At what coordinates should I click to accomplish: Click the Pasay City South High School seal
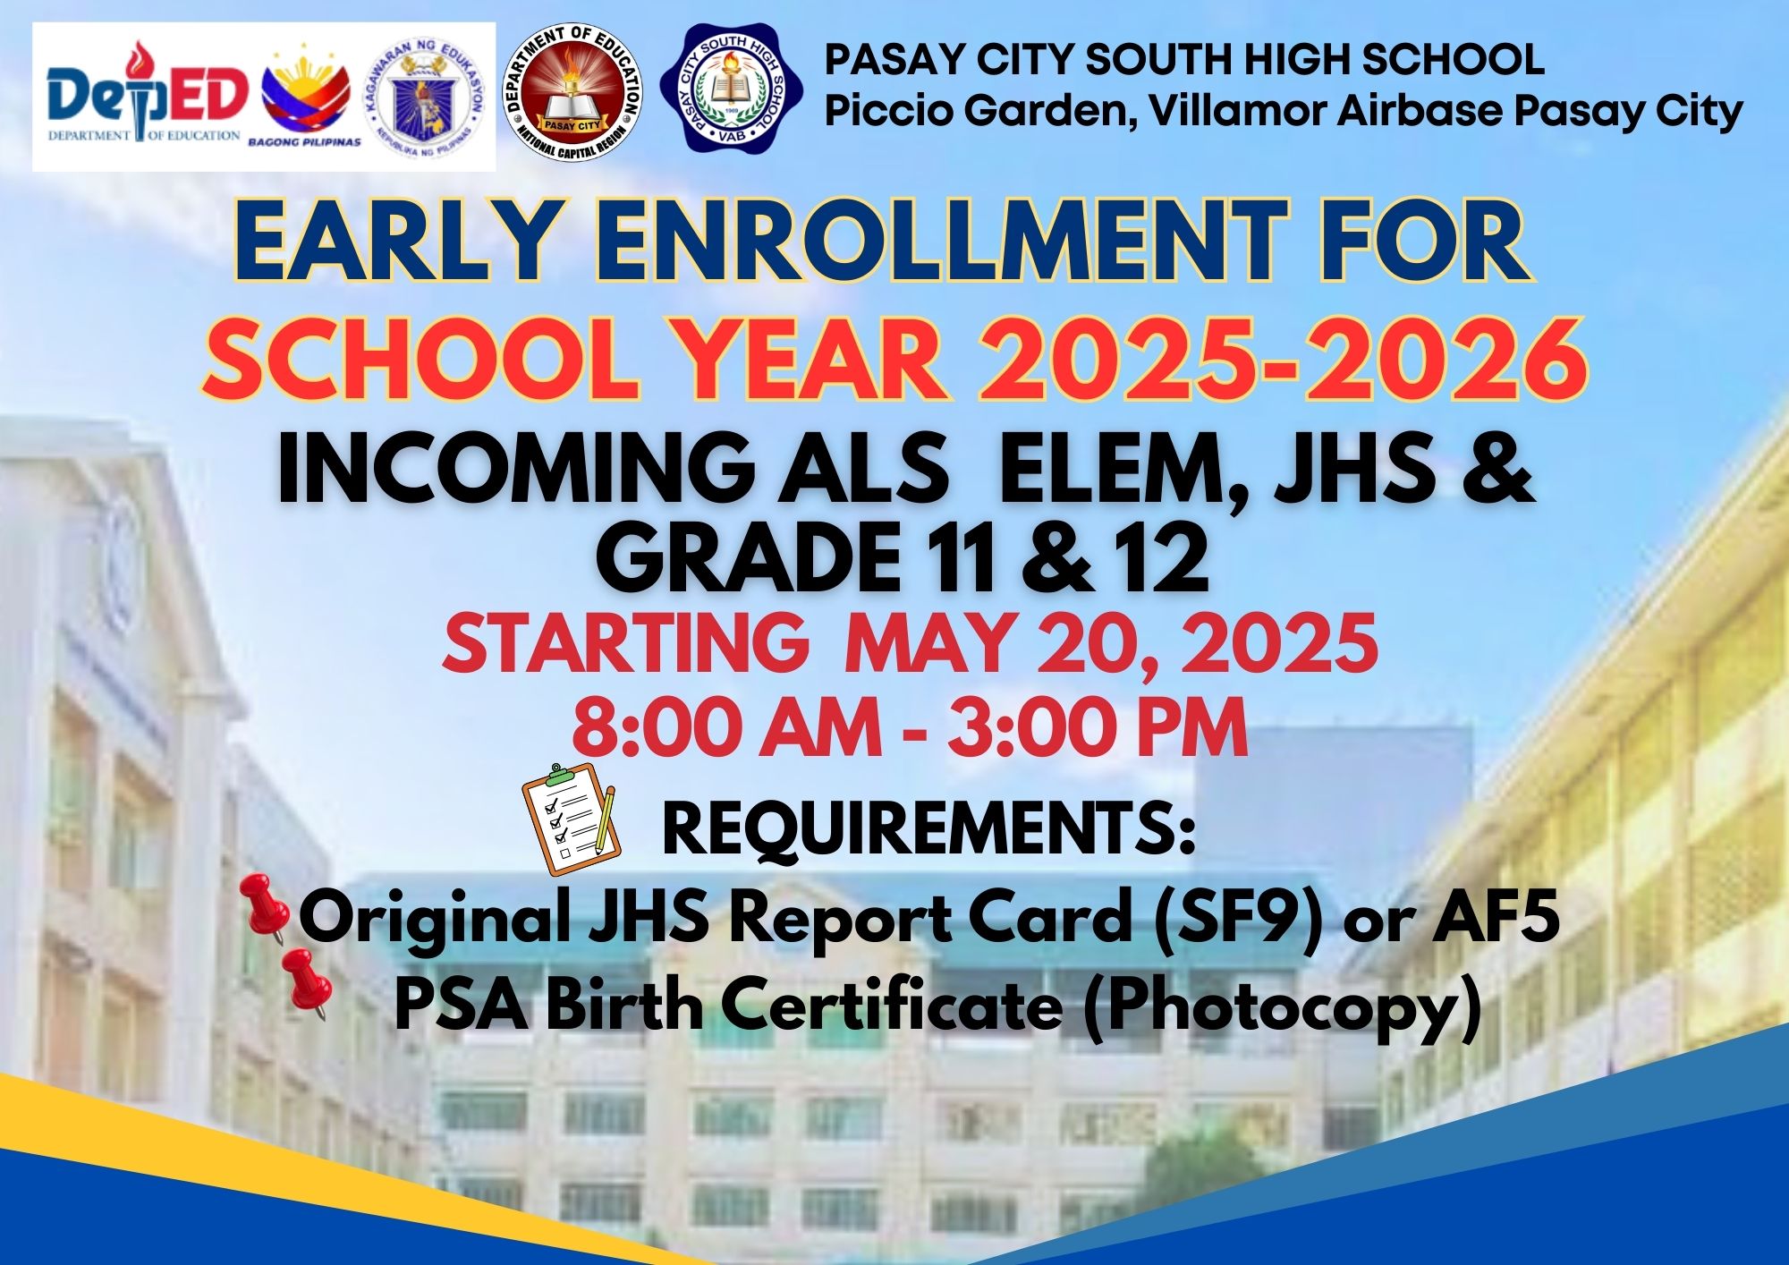point(733,89)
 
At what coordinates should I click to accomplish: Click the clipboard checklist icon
point(572,819)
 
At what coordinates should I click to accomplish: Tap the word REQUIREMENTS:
point(928,829)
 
